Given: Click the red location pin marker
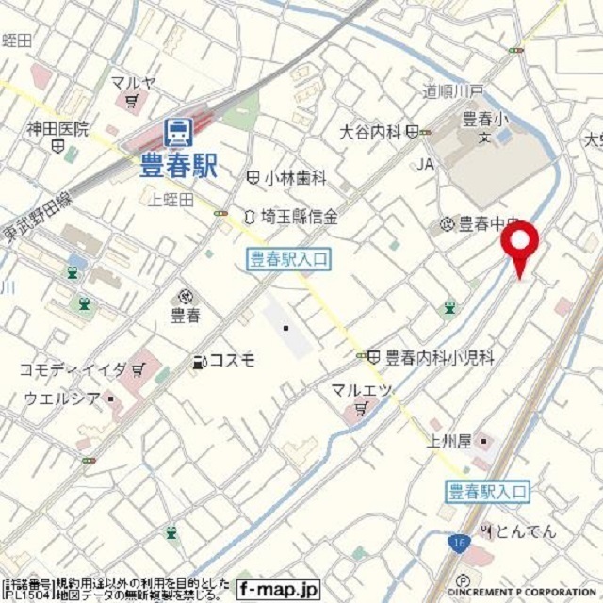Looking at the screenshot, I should pos(519,244).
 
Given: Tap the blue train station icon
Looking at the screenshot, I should pos(176,132).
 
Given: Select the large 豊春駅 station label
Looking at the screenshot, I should pos(178,167).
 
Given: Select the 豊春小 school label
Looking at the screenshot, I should pos(484,120).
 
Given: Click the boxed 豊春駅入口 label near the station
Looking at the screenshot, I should pos(289,260).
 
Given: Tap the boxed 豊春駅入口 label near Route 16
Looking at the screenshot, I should pos(487,490).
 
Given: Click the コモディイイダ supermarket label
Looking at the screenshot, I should pos(73,369).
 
